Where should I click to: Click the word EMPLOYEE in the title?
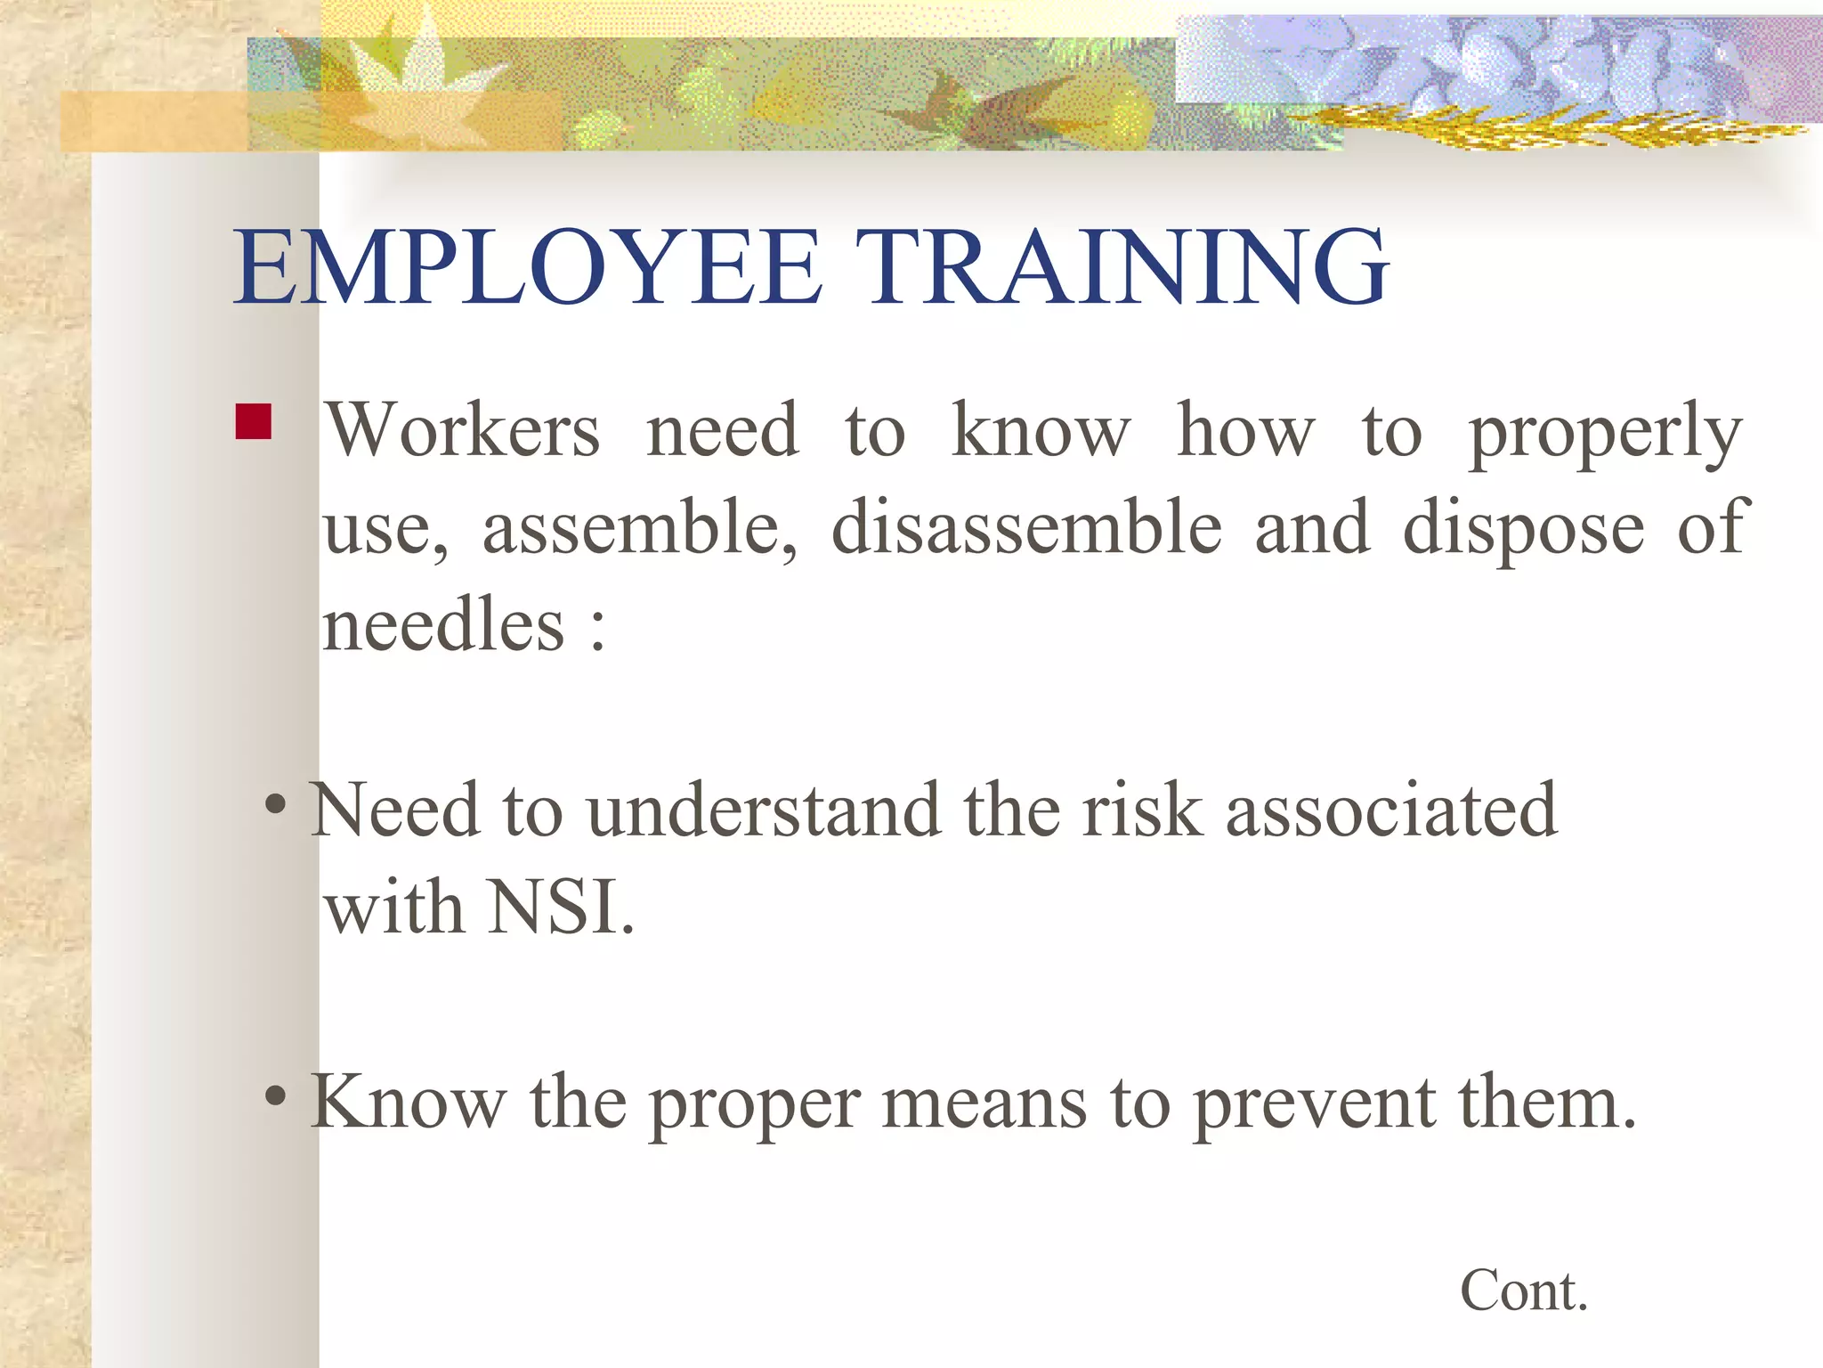527,267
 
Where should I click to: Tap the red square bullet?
253,422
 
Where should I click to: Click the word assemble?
640,529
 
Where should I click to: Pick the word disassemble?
1026,527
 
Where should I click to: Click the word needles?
442,625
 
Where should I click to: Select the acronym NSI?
561,908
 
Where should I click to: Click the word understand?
764,810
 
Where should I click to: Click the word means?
984,1103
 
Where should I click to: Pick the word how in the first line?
1245,431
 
